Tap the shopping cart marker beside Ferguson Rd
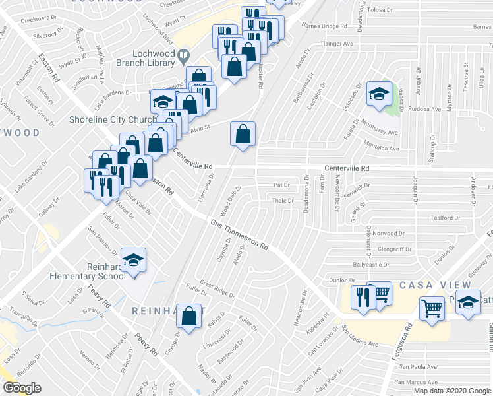[x=432, y=308]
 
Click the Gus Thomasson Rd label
[x=239, y=235]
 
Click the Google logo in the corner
[x=22, y=388]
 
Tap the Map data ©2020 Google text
[x=452, y=391]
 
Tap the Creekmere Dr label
[x=18, y=20]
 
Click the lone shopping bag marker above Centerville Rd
[x=243, y=135]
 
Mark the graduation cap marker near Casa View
[x=469, y=304]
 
